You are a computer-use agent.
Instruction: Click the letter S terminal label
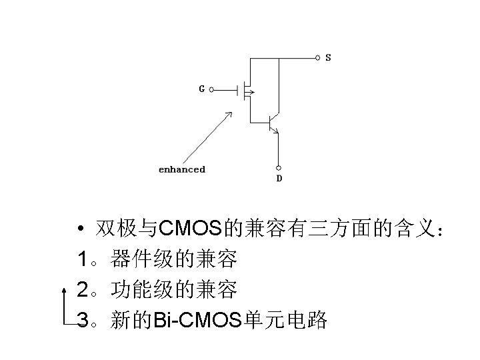pos(328,58)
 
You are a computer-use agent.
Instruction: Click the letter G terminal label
pos(201,89)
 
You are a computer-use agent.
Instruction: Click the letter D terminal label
pos(279,179)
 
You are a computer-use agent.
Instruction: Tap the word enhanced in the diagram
pos(181,169)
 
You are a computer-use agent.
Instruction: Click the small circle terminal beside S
pos(317,58)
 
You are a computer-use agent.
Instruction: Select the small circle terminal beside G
pos(212,89)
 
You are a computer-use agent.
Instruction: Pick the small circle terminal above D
pos(279,167)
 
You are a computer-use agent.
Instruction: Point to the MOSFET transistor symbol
pos(245,89)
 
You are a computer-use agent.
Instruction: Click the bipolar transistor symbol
pos(271,123)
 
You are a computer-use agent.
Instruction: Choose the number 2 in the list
pos(83,290)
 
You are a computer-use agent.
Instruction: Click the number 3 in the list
pos(83,321)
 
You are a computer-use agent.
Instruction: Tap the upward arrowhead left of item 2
pos(64,289)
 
